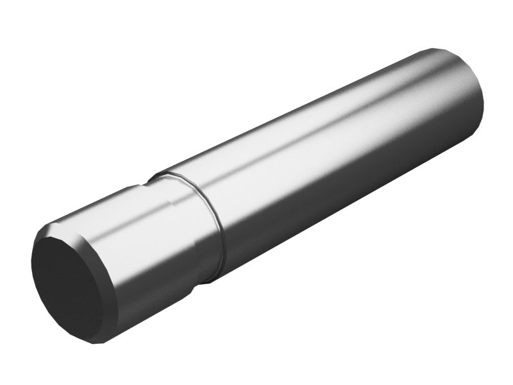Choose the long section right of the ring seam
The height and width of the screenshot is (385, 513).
333,160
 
